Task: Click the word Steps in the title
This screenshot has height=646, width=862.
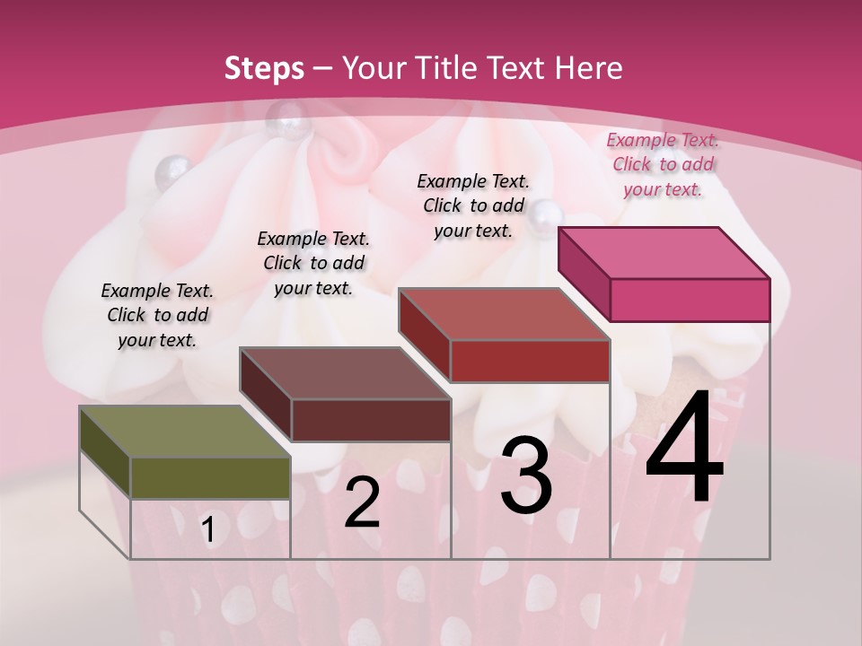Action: [x=264, y=68]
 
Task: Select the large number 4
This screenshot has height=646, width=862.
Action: [x=684, y=449]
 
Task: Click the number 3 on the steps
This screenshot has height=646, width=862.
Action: [x=526, y=476]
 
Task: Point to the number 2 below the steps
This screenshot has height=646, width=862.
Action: [x=362, y=503]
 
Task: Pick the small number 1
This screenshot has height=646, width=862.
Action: [x=208, y=530]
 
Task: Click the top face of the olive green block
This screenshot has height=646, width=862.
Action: [x=184, y=432]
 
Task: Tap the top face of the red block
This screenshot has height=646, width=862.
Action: [x=503, y=314]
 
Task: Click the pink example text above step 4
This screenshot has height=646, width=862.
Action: [x=663, y=164]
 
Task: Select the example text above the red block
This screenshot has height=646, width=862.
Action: [x=473, y=205]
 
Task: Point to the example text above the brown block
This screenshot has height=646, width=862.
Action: [x=313, y=263]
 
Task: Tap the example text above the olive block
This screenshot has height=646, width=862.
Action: [x=157, y=315]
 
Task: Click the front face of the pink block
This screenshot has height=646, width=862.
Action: [x=690, y=300]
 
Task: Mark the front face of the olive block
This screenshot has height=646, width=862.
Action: [x=210, y=477]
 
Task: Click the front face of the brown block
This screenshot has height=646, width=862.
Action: [x=370, y=420]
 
